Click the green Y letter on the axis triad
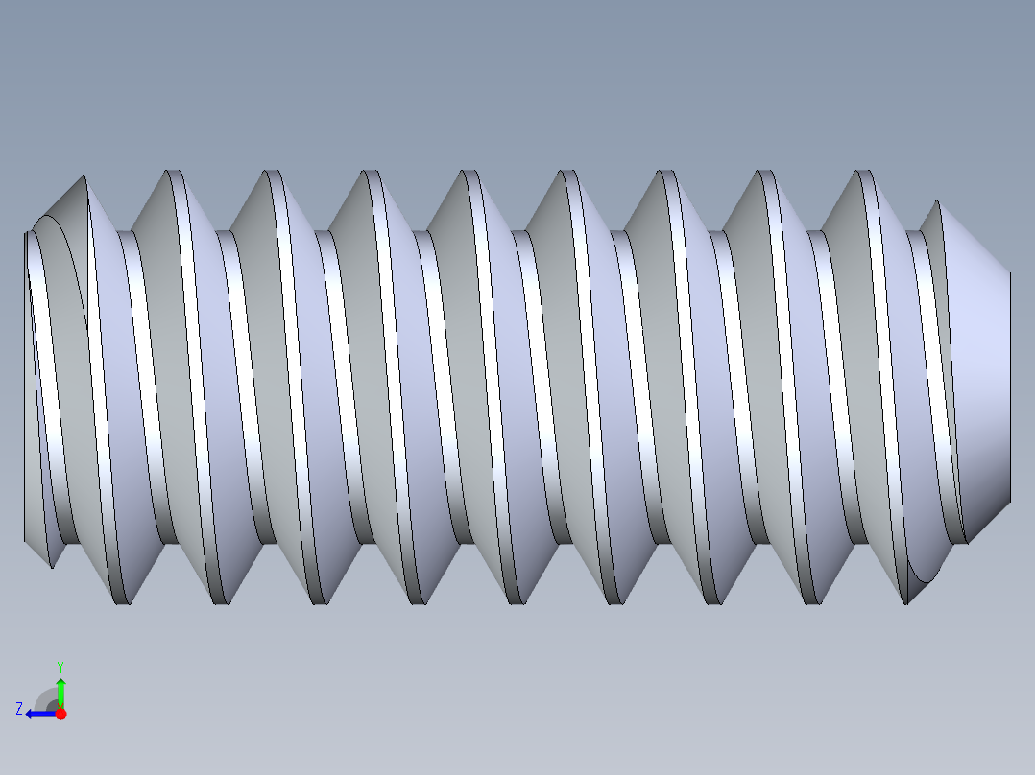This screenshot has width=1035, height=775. point(60,666)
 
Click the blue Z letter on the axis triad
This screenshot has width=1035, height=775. point(19,708)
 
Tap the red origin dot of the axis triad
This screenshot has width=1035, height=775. point(60,714)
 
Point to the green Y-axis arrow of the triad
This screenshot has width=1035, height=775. point(60,691)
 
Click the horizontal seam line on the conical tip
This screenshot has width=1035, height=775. point(984,387)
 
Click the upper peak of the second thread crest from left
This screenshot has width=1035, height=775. point(174,172)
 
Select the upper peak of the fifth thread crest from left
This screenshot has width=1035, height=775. point(469,172)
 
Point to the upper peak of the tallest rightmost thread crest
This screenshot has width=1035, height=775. point(864,172)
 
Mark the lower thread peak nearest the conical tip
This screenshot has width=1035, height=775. point(907,602)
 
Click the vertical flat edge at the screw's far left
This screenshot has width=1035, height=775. point(24,384)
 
